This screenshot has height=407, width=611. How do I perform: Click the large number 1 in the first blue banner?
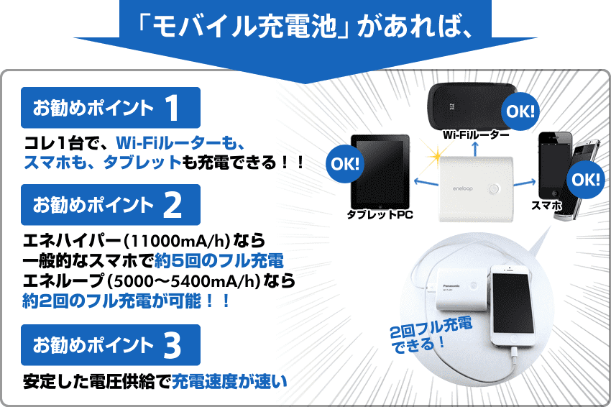pyautogui.click(x=173, y=108)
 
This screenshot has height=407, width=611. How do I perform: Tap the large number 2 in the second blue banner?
pyautogui.click(x=173, y=205)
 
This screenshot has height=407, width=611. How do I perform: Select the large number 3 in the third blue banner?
pyautogui.click(x=173, y=345)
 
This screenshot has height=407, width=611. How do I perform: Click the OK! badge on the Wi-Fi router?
pyautogui.click(x=520, y=111)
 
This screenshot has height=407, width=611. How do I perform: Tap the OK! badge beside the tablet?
pyautogui.click(x=345, y=164)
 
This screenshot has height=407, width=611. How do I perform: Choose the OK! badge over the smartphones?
pyautogui.click(x=586, y=179)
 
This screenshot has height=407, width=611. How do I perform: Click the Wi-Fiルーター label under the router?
pyautogui.click(x=476, y=135)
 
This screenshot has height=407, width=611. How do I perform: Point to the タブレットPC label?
pyautogui.click(x=380, y=214)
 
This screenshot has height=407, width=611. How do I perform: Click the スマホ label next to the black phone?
pyautogui.click(x=547, y=206)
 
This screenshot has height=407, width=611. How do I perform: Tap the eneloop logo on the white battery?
pyautogui.click(x=462, y=188)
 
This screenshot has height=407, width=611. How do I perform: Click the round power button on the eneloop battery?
pyautogui.click(x=494, y=189)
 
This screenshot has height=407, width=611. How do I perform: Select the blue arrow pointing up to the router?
pyautogui.click(x=474, y=149)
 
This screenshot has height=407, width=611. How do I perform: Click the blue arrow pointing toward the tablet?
pyautogui.click(x=426, y=183)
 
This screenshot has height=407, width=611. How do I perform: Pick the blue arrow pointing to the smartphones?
pyautogui.click(x=525, y=183)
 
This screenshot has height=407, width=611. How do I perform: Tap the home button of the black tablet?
pyautogui.click(x=380, y=206)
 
